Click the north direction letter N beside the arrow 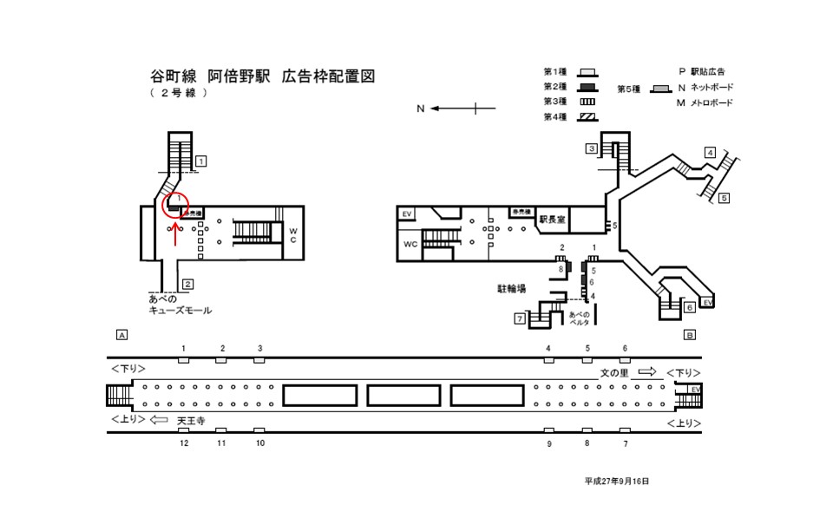(x=420, y=108)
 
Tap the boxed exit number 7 (x=520, y=319)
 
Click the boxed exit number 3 (x=590, y=148)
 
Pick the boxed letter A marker (x=121, y=334)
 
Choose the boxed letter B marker (x=689, y=334)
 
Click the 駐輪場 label (x=511, y=287)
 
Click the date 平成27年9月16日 (x=616, y=481)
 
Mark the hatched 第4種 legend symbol (x=587, y=117)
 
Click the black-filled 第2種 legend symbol (x=587, y=87)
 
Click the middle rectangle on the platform (x=404, y=396)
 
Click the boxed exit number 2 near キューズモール (x=187, y=284)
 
